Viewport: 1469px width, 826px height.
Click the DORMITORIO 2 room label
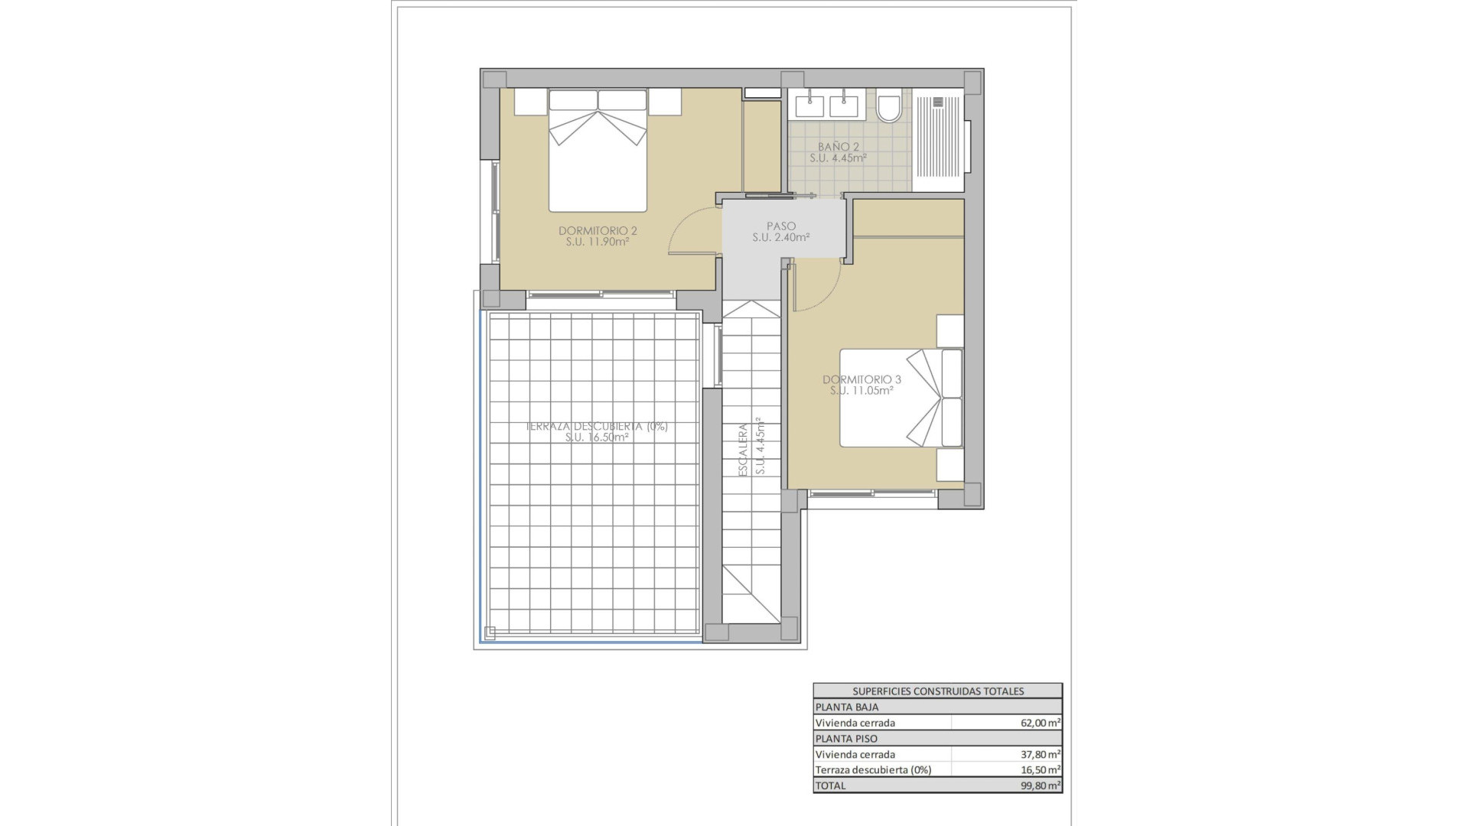click(598, 230)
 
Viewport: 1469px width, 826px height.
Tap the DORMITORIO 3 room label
click(862, 379)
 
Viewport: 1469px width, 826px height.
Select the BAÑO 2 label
click(839, 147)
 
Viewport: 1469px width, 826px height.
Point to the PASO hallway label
click(781, 226)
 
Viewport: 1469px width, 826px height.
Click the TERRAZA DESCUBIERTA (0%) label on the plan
click(597, 427)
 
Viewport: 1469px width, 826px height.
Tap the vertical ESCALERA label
click(743, 450)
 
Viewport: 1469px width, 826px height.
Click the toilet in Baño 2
click(888, 106)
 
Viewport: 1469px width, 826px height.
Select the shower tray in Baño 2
click(938, 141)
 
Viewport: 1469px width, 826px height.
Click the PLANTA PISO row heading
click(846, 739)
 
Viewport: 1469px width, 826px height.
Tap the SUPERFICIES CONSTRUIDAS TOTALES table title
click(937, 691)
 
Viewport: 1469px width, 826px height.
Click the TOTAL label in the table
click(831, 785)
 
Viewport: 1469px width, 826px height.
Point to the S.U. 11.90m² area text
click(598, 242)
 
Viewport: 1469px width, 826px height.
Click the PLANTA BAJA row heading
click(847, 707)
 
